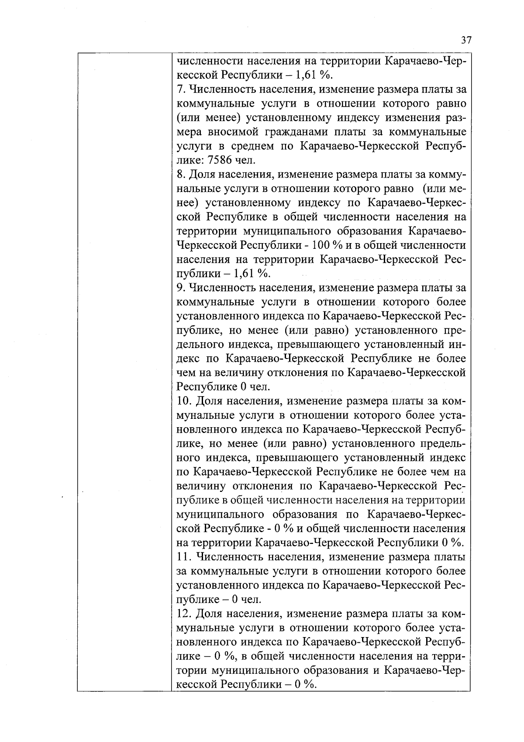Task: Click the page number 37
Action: (466, 40)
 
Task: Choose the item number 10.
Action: (183, 401)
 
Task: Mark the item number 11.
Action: (183, 557)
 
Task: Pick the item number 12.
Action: (183, 613)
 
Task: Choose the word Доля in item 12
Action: (208, 613)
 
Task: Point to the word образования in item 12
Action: (336, 670)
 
